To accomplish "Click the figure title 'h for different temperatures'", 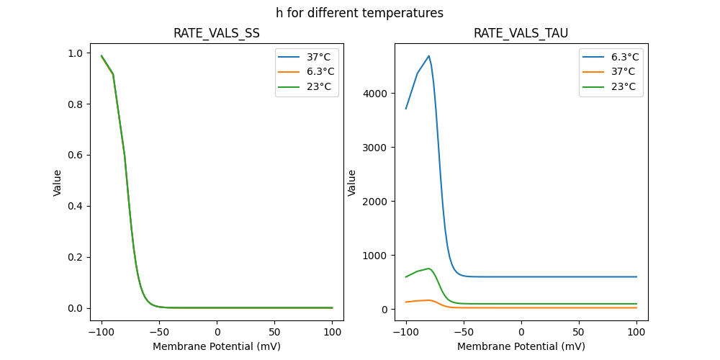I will click(x=359, y=13).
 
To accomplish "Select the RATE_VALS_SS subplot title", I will click(x=217, y=33).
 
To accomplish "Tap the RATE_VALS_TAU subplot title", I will click(x=521, y=33).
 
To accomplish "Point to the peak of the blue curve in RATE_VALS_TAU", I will click(x=429, y=55).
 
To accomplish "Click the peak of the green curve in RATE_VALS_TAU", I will click(x=429, y=269).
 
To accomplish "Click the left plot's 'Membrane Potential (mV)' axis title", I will click(x=217, y=346).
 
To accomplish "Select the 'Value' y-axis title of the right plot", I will click(x=352, y=182).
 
